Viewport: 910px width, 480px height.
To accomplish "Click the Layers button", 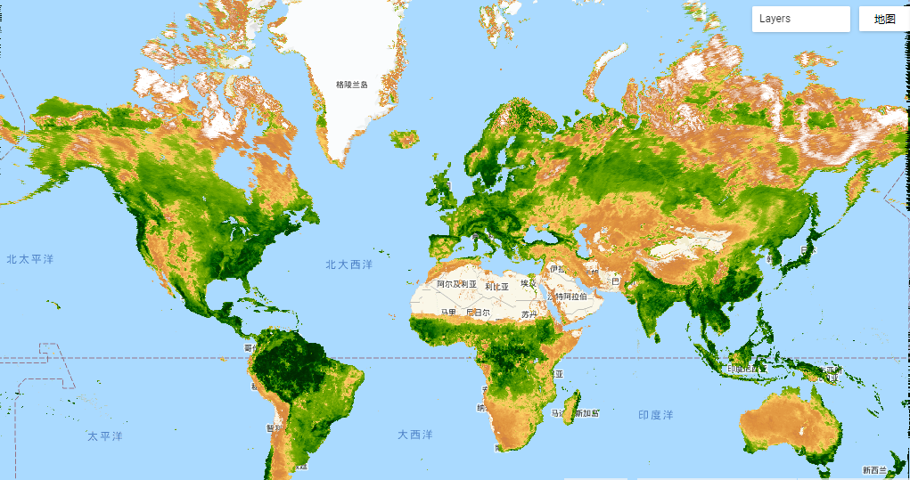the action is tap(800, 19).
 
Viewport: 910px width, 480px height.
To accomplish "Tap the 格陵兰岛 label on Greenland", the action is tap(351, 85).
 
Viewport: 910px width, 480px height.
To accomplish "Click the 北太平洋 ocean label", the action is tap(30, 259).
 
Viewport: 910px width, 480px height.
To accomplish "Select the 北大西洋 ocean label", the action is tap(348, 264).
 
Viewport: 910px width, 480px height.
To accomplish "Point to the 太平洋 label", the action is tap(105, 436).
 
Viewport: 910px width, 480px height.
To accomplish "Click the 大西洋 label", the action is tap(415, 435).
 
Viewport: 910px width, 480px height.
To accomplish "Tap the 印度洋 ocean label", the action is tap(655, 415).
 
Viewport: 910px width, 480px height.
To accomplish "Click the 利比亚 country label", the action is tap(497, 287).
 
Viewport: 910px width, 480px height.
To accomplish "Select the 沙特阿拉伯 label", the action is tap(571, 296).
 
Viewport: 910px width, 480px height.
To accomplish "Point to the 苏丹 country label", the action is tap(529, 314).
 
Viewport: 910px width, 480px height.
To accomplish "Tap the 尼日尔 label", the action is tap(478, 313).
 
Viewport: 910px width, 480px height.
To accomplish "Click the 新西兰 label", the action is tap(874, 470).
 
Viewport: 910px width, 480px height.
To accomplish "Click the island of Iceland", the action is tap(405, 139).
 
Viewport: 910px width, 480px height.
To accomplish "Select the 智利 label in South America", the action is tap(274, 427).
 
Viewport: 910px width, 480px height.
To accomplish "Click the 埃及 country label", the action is tap(529, 283).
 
